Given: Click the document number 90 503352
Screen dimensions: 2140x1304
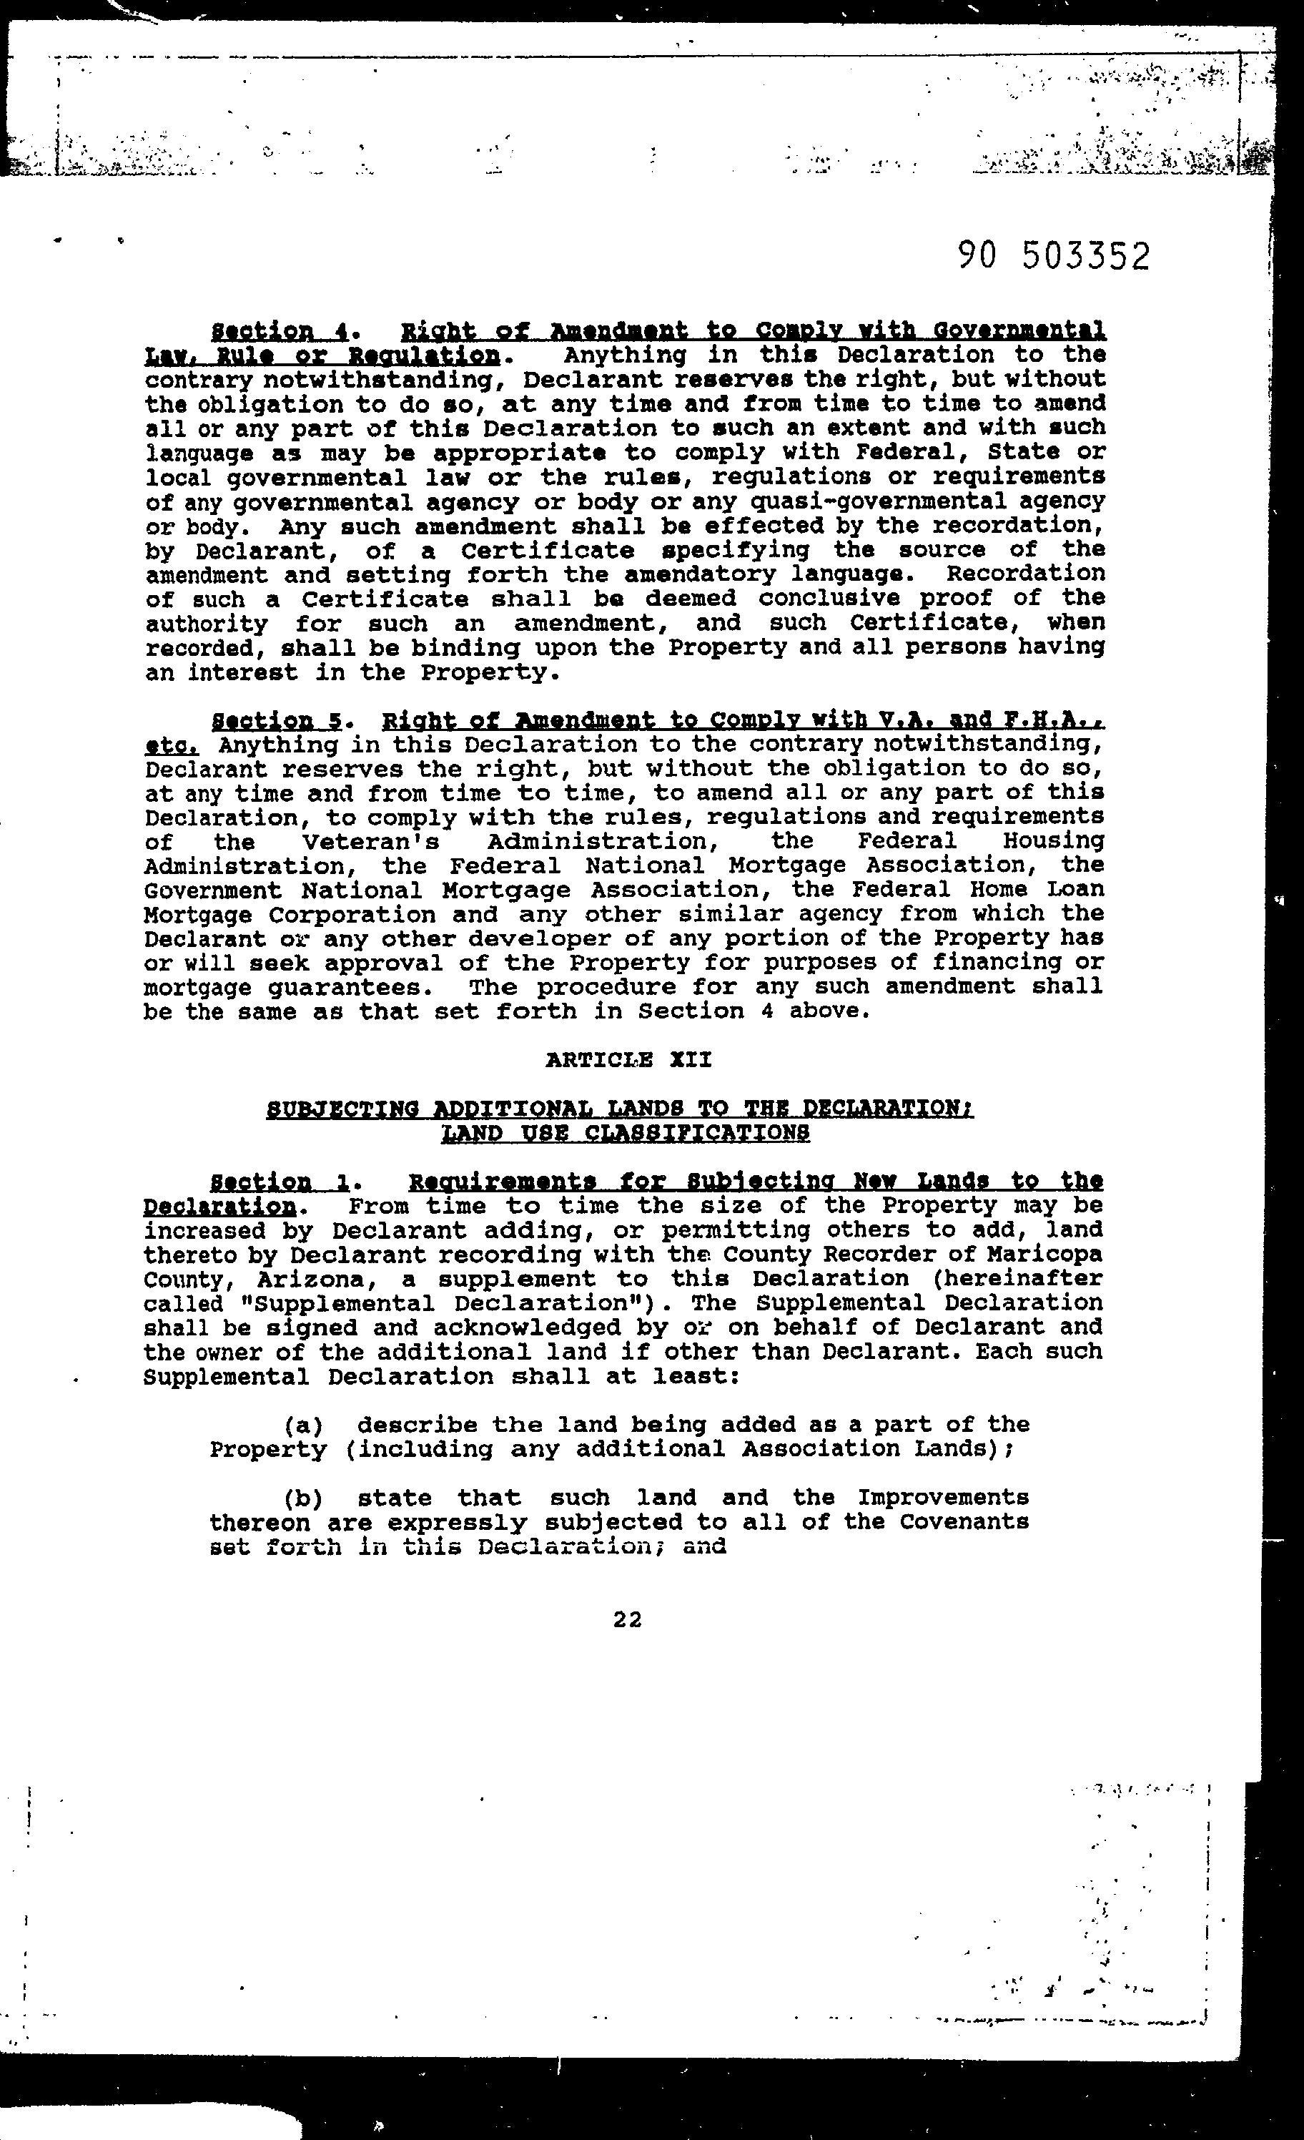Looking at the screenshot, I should [1053, 256].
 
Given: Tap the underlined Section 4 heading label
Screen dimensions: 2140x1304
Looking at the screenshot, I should [280, 331].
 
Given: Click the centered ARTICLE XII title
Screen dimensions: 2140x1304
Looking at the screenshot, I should [628, 1059].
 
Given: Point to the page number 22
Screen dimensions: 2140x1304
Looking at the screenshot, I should [627, 1619].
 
